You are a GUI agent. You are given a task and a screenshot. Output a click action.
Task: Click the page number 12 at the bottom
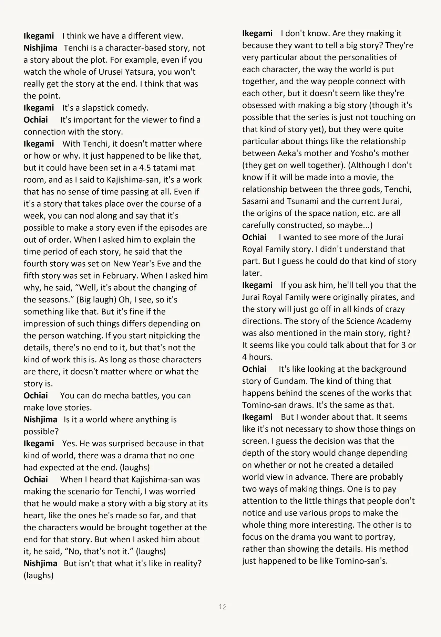pos(222,607)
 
